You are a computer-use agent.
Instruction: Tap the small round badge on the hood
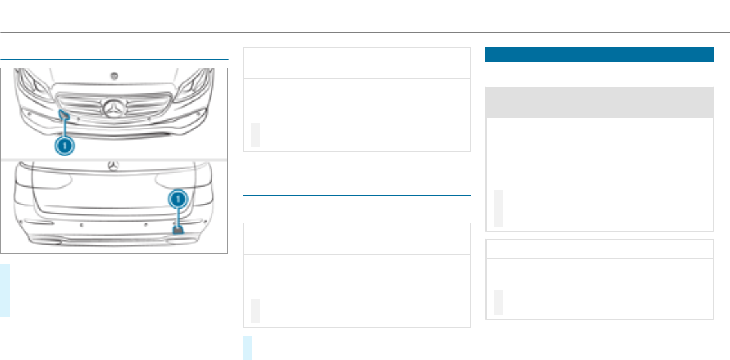[x=114, y=75]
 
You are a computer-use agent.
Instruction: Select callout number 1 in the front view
[x=64, y=146]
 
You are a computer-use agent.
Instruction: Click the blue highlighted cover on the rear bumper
[x=178, y=229]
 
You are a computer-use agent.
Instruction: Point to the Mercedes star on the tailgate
[x=114, y=165]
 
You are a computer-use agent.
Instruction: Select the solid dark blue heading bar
[x=599, y=54]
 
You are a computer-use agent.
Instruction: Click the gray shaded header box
[x=599, y=102]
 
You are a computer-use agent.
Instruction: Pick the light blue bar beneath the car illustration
[x=5, y=290]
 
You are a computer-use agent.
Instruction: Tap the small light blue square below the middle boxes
[x=248, y=347]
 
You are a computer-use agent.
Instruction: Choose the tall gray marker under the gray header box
[x=498, y=208]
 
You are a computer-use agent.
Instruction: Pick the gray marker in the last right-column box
[x=498, y=303]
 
